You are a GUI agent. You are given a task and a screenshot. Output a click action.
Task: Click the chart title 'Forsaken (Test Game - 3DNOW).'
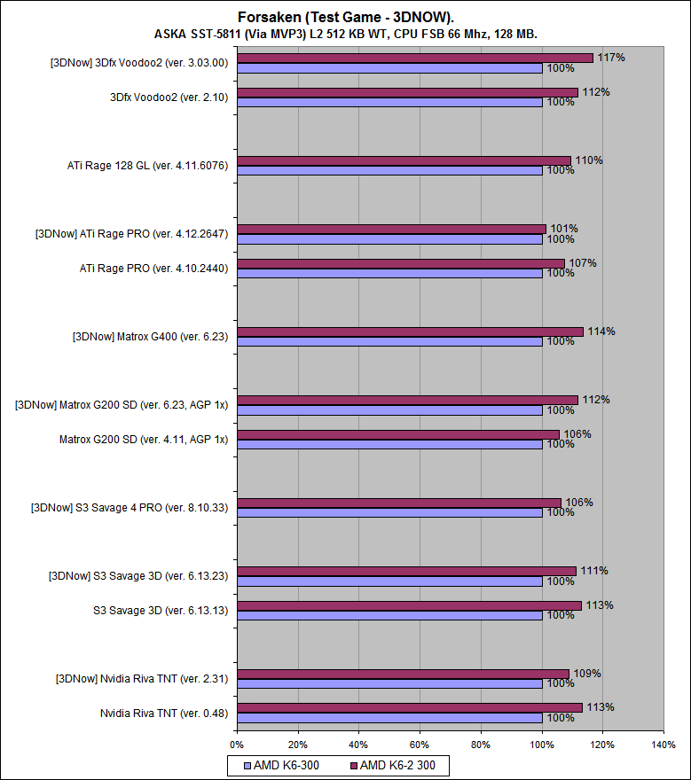tap(345, 17)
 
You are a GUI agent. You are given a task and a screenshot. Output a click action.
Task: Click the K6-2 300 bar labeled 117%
tap(414, 58)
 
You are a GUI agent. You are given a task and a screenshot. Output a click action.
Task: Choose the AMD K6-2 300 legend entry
tap(398, 765)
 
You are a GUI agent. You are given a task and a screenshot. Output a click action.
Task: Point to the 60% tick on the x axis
tap(420, 745)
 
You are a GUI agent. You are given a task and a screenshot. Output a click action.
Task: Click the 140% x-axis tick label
tap(663, 745)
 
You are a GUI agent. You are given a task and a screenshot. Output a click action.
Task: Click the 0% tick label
tap(237, 745)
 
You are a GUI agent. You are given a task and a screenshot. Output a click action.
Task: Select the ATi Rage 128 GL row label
tap(148, 165)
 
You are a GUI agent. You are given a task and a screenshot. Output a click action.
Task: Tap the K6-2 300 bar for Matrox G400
tap(410, 331)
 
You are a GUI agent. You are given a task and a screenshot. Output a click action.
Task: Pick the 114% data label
tap(601, 331)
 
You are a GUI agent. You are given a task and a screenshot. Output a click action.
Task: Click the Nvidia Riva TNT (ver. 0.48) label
tap(164, 713)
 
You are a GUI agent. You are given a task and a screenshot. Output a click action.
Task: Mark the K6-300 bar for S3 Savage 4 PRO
tap(389, 512)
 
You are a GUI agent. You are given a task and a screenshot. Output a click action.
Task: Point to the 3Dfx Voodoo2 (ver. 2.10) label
tap(166, 97)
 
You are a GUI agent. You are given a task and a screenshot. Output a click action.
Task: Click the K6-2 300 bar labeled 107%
tap(400, 263)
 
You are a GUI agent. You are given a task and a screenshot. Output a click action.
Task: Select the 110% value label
tap(588, 160)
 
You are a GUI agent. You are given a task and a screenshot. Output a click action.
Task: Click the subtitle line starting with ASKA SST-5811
tap(345, 34)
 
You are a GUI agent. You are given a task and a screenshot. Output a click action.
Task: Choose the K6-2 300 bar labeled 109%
tap(403, 674)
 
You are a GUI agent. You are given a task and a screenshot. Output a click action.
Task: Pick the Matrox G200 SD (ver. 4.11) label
tap(144, 439)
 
